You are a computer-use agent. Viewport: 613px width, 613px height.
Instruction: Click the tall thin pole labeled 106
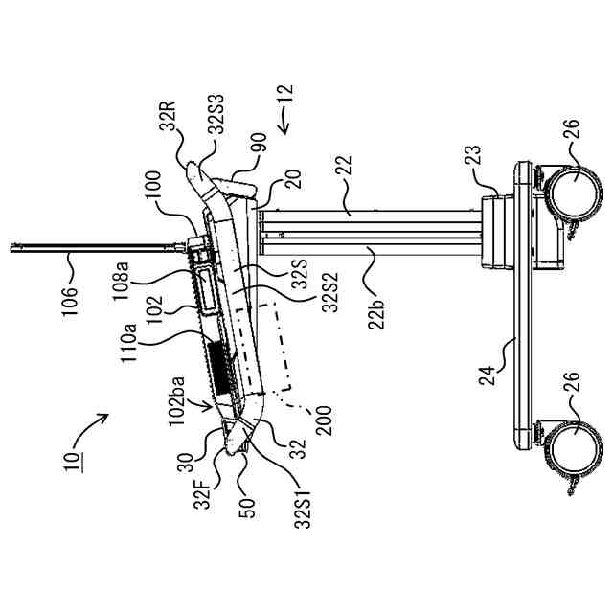[96, 248]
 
